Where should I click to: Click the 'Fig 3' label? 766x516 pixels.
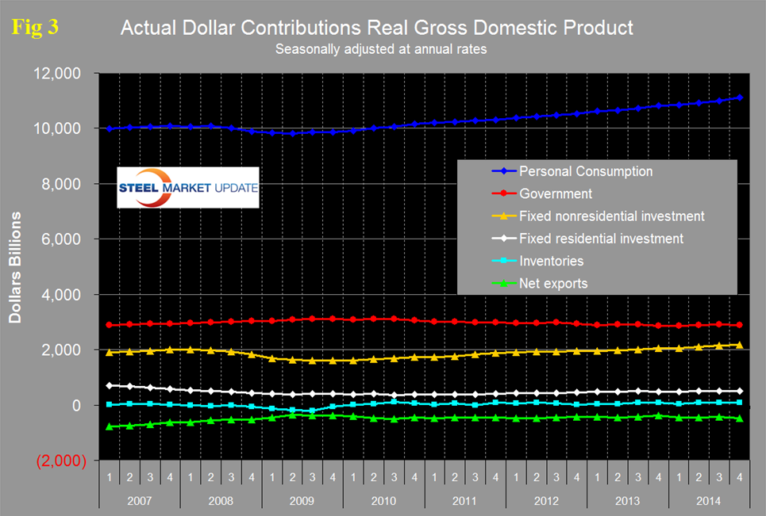click(x=35, y=28)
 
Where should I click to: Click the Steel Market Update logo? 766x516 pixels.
click(x=188, y=188)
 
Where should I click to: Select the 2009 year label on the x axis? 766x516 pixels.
click(x=302, y=502)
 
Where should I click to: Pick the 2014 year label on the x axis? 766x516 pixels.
click(x=709, y=502)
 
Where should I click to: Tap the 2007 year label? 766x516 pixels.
click(x=139, y=502)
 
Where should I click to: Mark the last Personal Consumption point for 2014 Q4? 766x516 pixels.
click(x=740, y=97)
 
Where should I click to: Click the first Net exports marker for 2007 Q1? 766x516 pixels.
click(x=110, y=426)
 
